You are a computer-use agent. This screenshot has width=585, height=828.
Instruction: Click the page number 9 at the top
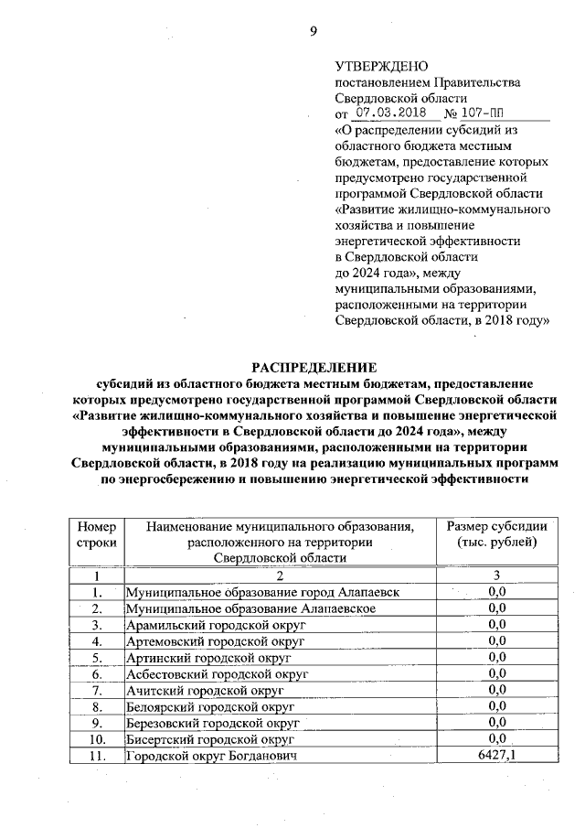(x=313, y=31)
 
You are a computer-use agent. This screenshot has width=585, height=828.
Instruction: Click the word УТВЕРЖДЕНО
(x=381, y=66)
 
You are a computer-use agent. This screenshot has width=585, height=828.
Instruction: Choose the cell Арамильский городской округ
(x=215, y=624)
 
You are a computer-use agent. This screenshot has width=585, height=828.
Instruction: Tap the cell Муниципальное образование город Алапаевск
(x=262, y=592)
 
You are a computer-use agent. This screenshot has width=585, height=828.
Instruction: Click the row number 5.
(x=96, y=657)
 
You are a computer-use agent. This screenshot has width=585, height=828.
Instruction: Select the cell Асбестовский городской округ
(x=218, y=673)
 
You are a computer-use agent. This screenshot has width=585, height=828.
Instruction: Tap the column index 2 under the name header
(x=280, y=575)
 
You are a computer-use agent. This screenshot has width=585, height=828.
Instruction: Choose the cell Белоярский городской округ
(x=211, y=705)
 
